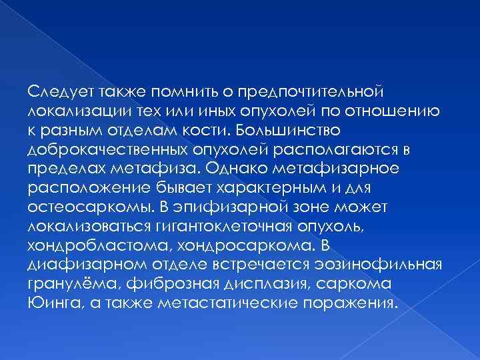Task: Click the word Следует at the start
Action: click(x=54, y=90)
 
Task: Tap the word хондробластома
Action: click(x=85, y=240)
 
